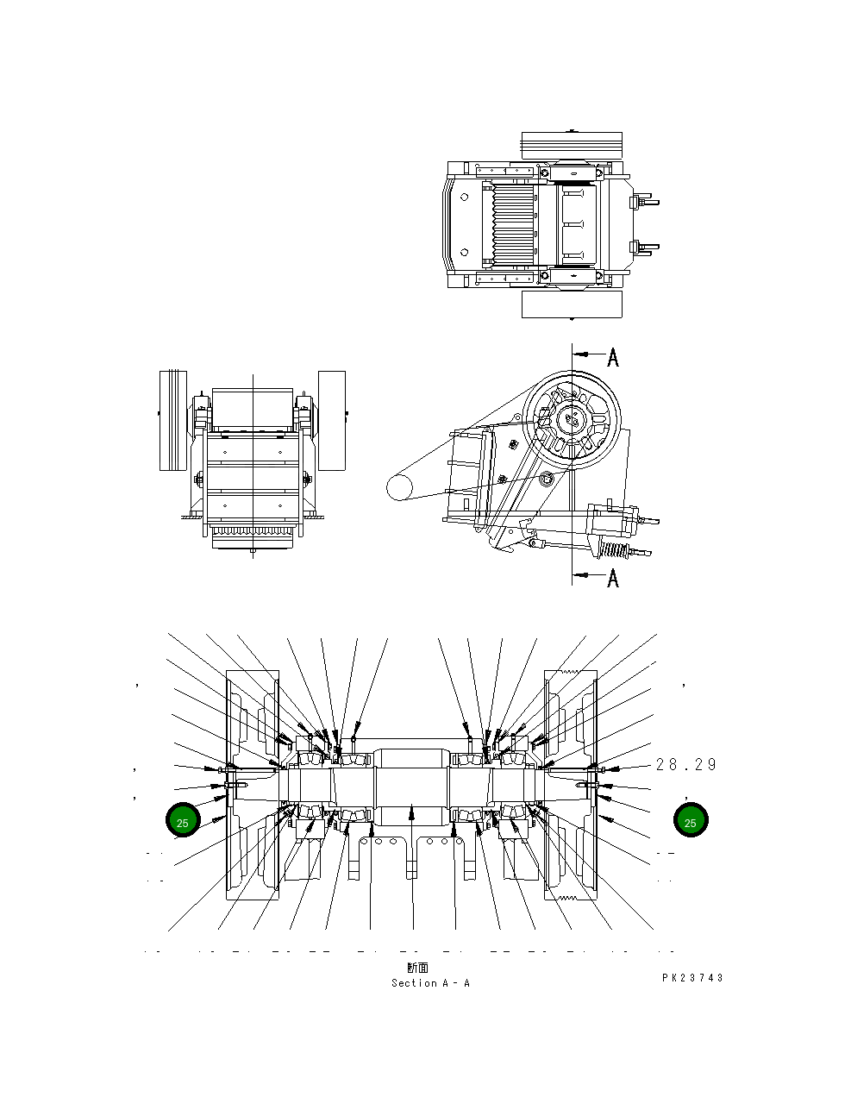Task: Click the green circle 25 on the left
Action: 183,820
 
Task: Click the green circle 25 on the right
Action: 690,820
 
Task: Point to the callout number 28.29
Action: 686,764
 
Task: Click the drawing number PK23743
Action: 692,978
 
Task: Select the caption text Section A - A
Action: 430,983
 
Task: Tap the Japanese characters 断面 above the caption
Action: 417,968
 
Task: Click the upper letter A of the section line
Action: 613,357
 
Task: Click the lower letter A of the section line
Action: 613,577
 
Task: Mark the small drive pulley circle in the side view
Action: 400,486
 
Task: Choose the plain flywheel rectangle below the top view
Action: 572,304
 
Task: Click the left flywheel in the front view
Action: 172,420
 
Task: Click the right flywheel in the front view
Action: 331,420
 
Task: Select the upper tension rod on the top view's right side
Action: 647,203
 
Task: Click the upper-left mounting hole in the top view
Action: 465,197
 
